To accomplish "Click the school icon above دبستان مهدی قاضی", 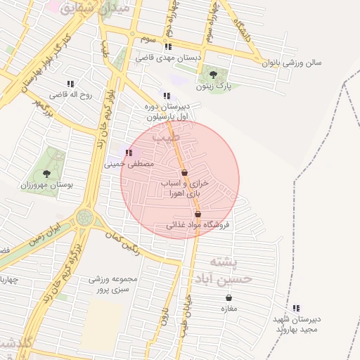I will [x=167, y=47].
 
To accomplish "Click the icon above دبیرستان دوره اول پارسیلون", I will [x=166, y=96].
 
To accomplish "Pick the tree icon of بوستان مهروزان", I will [x=46, y=172].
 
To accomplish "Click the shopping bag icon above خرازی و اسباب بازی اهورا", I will [x=184, y=172].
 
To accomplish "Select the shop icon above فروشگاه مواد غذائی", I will [x=198, y=214].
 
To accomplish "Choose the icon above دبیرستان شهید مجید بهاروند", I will [x=296, y=307].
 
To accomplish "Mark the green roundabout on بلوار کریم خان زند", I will [x=85, y=217].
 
